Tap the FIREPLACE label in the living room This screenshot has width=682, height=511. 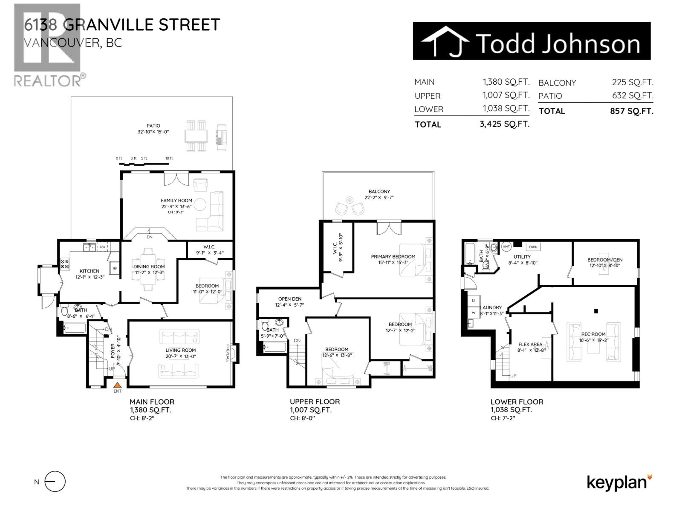coord(228,353)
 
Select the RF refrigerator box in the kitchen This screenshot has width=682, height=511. coord(115,268)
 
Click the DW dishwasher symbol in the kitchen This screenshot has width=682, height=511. coord(103,247)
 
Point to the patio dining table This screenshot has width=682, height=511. coord(196,136)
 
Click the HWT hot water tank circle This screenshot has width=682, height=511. coord(506,247)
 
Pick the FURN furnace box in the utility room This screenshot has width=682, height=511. coord(533,247)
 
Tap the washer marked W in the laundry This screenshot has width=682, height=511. coord(473,312)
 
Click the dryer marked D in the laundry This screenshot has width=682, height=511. coord(474,301)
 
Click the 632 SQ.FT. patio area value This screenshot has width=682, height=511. coord(633,95)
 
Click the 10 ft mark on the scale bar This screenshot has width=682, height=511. coord(169,158)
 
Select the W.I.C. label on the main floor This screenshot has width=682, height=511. coord(209,247)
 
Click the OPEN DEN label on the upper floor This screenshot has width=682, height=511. coord(290,299)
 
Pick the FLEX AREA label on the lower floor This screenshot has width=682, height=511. coord(530,344)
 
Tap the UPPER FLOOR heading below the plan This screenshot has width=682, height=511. coord(315,402)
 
